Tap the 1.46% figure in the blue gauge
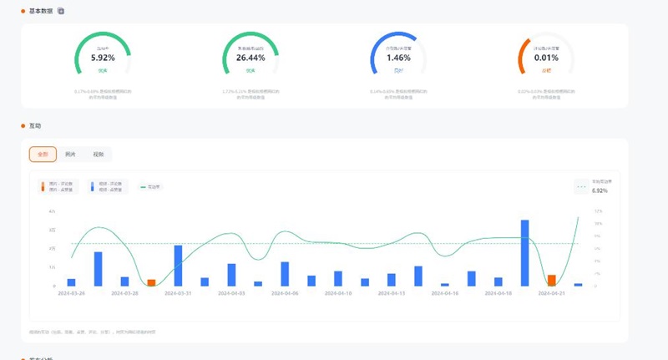398,58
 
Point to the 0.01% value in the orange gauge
546,58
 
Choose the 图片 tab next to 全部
71,155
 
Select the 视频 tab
98,155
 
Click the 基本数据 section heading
41,11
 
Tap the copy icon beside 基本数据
61,11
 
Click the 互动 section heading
34,126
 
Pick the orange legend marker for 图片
43,186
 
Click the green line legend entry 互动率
150,186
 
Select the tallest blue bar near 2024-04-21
525,252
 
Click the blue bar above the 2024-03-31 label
178,265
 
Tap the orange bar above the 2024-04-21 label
552,280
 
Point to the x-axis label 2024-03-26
72,293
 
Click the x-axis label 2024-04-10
337,293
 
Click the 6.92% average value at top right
600,190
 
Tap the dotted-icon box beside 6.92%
581,186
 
